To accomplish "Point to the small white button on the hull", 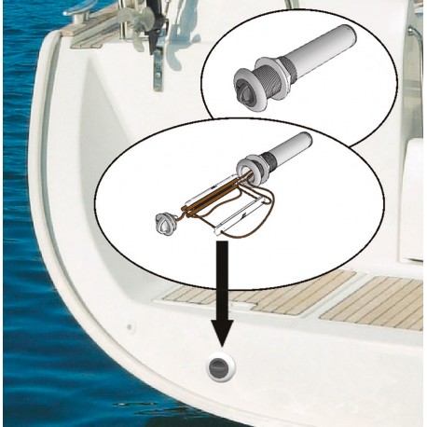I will (x=131, y=327).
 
